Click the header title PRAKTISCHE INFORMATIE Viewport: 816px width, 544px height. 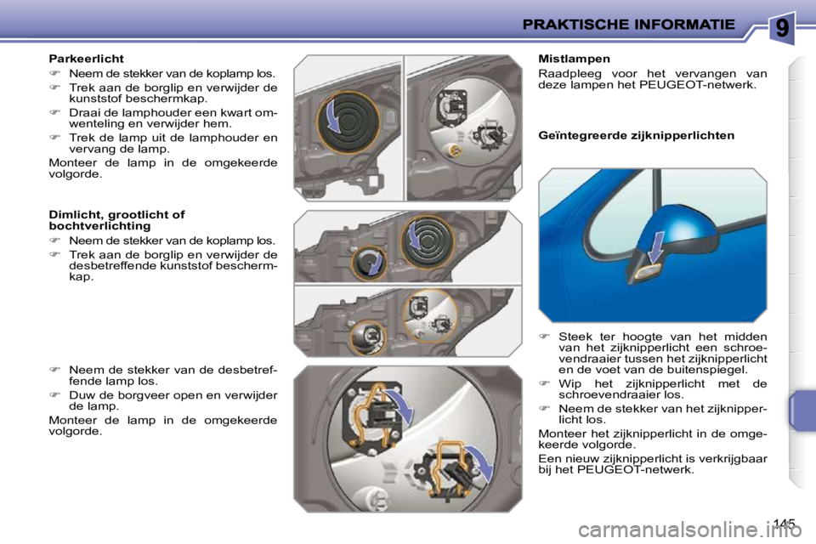tap(629, 25)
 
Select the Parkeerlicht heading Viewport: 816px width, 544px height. tap(86, 59)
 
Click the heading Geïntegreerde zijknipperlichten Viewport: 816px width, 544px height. tap(637, 135)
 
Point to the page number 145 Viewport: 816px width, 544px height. tap(785, 523)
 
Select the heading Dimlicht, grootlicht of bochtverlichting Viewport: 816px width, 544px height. tap(116, 220)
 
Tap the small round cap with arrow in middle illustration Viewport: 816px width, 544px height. tap(368, 263)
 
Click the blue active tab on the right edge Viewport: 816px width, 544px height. tap(802, 411)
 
